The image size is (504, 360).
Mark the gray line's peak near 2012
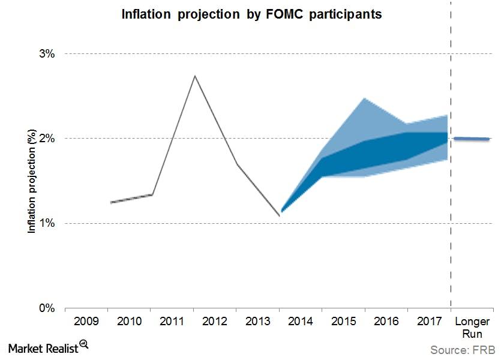pyautogui.click(x=194, y=76)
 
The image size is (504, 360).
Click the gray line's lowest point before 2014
pyautogui.click(x=279, y=215)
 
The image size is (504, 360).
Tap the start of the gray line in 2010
pyautogui.click(x=111, y=203)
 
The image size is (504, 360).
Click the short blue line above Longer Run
pyautogui.click(x=472, y=139)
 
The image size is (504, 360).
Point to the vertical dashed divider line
pyautogui.click(x=451, y=180)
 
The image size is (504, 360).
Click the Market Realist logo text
pyautogui.click(x=43, y=347)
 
